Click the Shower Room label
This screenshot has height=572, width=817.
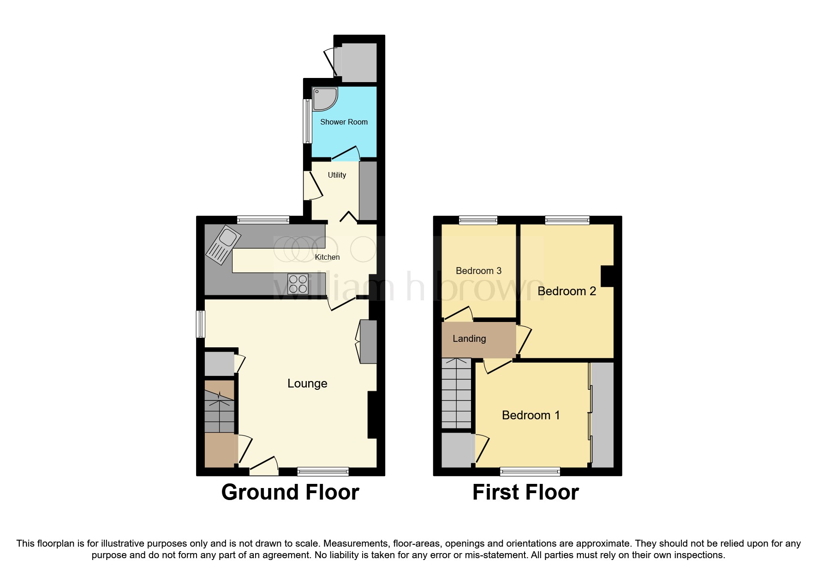pyautogui.click(x=344, y=122)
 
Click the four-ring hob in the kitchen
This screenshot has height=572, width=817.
pyautogui.click(x=298, y=284)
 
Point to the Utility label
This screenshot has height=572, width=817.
pyautogui.click(x=337, y=175)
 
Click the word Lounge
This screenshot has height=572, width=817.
pyautogui.click(x=307, y=383)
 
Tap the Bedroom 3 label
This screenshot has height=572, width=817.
pyautogui.click(x=478, y=271)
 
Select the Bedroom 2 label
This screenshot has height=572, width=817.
pyautogui.click(x=567, y=291)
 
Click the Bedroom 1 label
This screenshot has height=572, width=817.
pyautogui.click(x=531, y=415)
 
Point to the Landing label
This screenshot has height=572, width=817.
pyautogui.click(x=469, y=339)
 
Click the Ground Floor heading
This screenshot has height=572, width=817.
pyautogui.click(x=290, y=492)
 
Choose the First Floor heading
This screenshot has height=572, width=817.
pyautogui.click(x=525, y=492)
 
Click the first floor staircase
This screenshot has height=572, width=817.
pyautogui.click(x=456, y=393)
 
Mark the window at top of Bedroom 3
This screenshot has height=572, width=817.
pyautogui.click(x=478, y=220)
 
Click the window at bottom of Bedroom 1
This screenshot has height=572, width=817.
pyautogui.click(x=530, y=471)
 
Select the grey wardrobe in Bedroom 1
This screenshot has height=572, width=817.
pyautogui.click(x=602, y=414)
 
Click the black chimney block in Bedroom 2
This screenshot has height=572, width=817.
pyautogui.click(x=607, y=276)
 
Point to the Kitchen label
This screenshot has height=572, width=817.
pyautogui.click(x=327, y=257)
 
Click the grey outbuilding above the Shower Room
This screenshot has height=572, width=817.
pyautogui.click(x=358, y=63)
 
